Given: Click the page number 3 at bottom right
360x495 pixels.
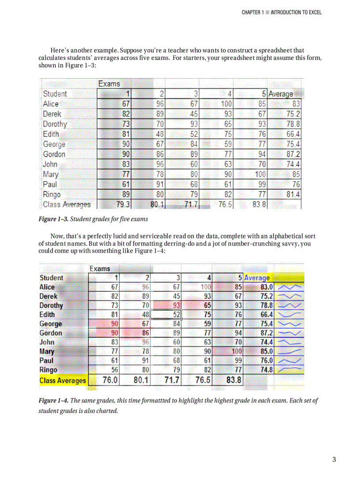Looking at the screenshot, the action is click(334, 460).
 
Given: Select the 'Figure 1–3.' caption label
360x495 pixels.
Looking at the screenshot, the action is click(53, 219).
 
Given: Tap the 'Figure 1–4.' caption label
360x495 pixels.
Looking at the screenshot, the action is click(53, 401).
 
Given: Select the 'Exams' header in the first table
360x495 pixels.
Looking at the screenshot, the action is click(109, 83).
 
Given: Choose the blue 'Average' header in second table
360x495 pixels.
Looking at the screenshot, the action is click(256, 278).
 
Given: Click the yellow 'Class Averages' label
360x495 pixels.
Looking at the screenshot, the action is click(63, 380).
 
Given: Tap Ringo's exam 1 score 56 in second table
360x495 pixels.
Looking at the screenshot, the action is click(113, 370).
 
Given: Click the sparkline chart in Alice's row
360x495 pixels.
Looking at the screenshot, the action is click(289, 287).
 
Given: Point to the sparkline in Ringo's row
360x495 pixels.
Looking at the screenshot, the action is click(289, 369).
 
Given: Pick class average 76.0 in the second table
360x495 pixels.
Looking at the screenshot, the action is click(109, 380).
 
